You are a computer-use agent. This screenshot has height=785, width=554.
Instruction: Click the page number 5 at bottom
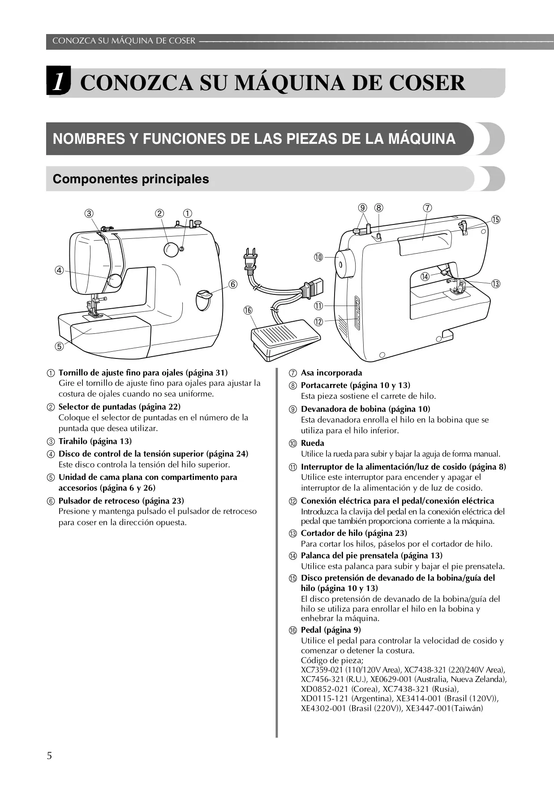click(49, 756)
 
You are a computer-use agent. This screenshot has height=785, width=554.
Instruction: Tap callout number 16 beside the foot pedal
click(248, 310)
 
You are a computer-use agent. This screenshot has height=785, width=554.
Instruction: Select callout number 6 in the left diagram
click(233, 284)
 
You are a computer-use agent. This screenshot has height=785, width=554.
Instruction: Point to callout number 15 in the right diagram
click(495, 220)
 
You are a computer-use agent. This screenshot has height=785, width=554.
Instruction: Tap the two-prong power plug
click(249, 260)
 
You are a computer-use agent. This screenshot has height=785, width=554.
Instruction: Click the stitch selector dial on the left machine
click(170, 250)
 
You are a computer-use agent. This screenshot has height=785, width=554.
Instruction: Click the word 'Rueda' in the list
click(313, 443)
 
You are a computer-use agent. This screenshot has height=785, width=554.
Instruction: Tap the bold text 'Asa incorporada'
click(331, 373)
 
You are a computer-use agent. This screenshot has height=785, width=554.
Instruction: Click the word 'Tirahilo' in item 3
click(73, 441)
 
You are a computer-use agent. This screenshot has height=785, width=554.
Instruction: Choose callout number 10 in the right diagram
click(318, 257)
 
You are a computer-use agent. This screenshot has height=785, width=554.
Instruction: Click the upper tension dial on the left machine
click(115, 280)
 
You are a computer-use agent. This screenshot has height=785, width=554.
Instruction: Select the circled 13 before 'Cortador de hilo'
click(293, 533)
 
